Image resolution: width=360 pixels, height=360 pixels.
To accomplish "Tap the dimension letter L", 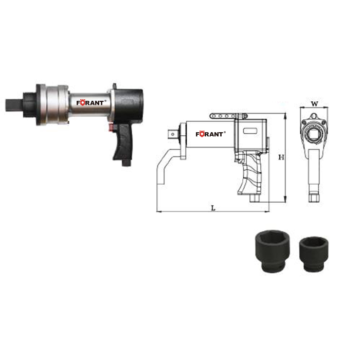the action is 213,208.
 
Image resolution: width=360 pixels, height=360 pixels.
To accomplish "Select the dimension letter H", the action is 281,157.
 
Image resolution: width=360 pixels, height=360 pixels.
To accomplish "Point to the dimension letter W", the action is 314,104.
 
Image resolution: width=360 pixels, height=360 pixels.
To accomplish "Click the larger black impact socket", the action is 273,253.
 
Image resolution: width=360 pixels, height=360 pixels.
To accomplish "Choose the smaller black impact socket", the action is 313,254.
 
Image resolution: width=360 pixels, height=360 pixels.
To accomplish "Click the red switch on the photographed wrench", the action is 112,128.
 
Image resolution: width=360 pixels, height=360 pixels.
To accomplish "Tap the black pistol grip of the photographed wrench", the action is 122,142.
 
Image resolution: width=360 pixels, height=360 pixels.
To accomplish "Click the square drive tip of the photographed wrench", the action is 14,105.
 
